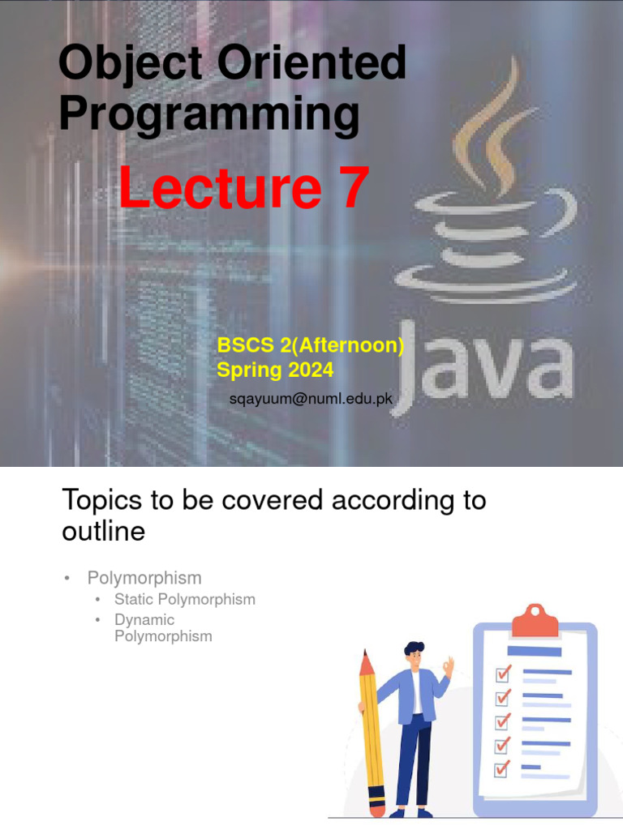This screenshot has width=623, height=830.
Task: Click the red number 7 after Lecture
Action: pyautogui.click(x=350, y=187)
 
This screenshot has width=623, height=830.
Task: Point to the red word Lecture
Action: pyautogui.click(x=219, y=187)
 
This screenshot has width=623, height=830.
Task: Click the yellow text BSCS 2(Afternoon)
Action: pyautogui.click(x=310, y=345)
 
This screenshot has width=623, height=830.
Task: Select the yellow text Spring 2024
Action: pyautogui.click(x=275, y=370)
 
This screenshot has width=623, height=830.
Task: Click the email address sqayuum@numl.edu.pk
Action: pyautogui.click(x=311, y=400)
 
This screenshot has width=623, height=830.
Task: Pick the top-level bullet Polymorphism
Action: pyautogui.click(x=144, y=578)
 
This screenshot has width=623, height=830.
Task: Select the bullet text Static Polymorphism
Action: pyautogui.click(x=185, y=600)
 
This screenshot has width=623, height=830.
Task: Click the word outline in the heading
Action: pyautogui.click(x=103, y=532)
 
